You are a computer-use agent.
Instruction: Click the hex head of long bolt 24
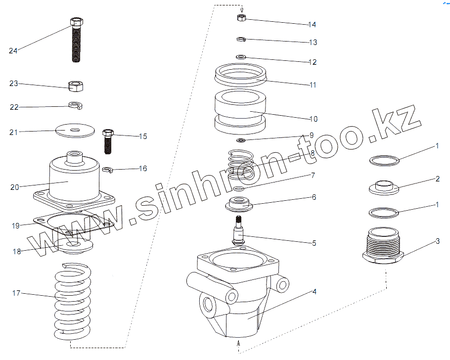click(76, 22)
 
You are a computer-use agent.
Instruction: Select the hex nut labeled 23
click(76, 86)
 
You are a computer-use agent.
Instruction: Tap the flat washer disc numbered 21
click(75, 131)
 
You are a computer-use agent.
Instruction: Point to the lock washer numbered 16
click(108, 170)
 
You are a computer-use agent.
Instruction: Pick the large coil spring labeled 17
click(73, 302)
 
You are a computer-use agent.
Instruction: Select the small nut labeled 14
click(242, 18)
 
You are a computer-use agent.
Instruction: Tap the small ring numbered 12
click(241, 57)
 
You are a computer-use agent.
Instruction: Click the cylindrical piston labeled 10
click(240, 112)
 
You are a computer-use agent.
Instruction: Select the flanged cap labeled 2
click(384, 187)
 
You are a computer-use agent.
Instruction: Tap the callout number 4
click(314, 292)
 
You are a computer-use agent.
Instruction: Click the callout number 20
click(15, 187)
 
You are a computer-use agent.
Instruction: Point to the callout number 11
click(313, 85)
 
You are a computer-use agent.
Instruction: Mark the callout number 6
click(314, 197)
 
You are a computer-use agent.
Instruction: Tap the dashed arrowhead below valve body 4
click(238, 342)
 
